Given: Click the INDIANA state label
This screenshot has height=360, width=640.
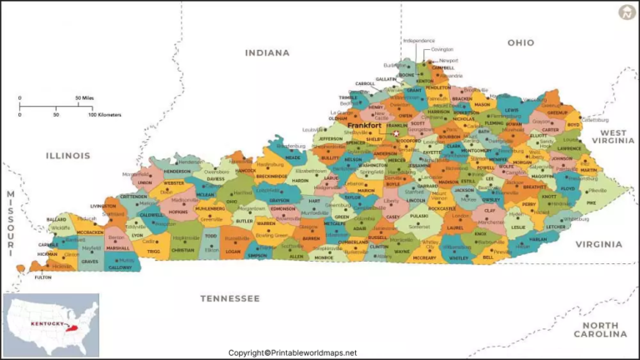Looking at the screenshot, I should [267, 52].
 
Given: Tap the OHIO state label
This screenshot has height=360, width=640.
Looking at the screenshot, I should [521, 42].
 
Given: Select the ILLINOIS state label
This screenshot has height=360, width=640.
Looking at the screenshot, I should [67, 155].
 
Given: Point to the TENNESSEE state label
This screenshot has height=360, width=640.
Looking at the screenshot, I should [230, 297].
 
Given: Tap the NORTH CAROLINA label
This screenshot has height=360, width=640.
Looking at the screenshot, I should [605, 329].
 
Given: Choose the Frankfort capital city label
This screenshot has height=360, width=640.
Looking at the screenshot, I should [364, 126].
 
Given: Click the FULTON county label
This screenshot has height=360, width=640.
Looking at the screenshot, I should [43, 277].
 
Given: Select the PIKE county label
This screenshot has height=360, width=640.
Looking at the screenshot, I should [591, 202].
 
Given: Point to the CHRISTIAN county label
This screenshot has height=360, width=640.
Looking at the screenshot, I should [182, 249].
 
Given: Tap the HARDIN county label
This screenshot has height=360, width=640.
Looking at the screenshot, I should [300, 180].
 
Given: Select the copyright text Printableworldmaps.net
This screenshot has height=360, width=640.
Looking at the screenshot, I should [292, 352].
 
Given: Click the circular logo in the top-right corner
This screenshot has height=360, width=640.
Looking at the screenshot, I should [626, 12].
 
